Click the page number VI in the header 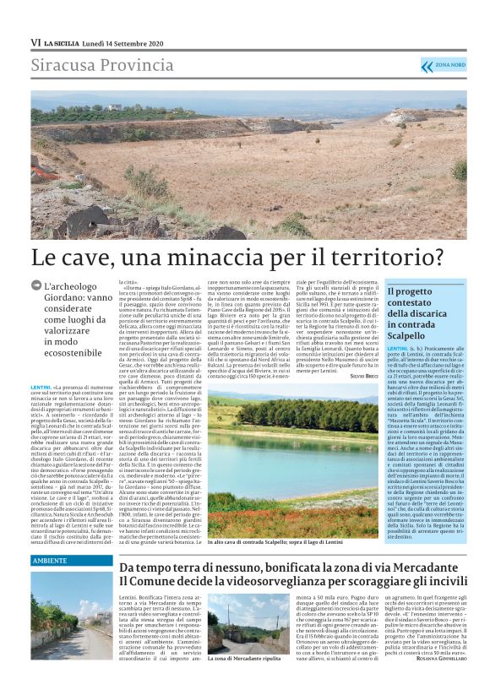tap(35, 41)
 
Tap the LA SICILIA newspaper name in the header tap(63, 41)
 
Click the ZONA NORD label tap(449, 65)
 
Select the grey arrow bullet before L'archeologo tap(36, 287)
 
